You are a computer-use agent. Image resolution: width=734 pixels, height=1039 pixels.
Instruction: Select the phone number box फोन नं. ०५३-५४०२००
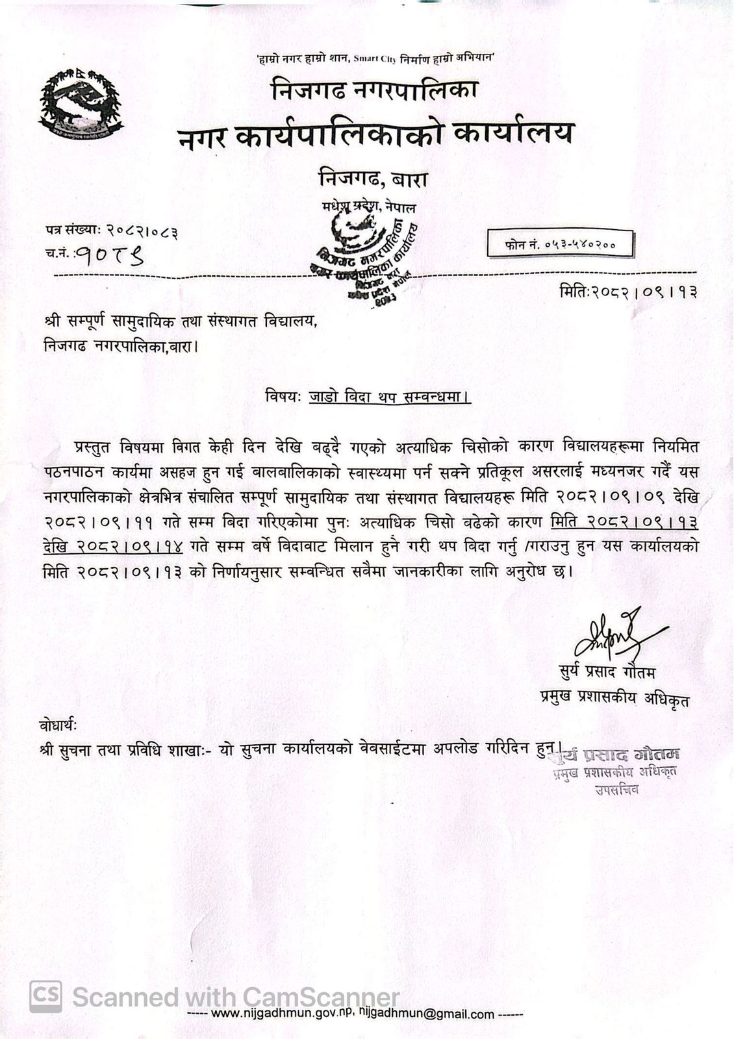coord(560,245)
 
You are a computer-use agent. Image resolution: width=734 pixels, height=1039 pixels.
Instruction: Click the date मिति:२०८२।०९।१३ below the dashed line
coord(628,292)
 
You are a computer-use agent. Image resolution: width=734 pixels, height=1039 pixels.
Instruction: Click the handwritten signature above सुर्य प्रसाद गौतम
coord(614,632)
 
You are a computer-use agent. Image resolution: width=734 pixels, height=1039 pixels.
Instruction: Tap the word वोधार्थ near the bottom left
coord(62,723)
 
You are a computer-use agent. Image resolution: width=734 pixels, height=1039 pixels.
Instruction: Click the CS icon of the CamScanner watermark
coord(46,996)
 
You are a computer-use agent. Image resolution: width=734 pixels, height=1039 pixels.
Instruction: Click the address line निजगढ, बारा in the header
coord(373,177)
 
